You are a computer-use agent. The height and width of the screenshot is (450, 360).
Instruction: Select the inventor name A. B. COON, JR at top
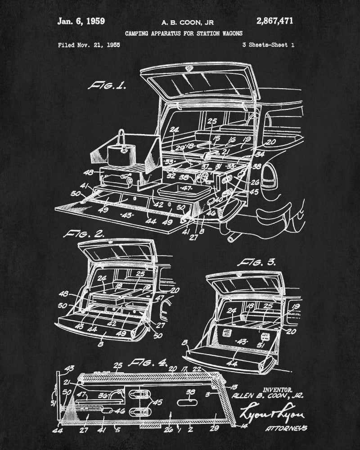(182, 21)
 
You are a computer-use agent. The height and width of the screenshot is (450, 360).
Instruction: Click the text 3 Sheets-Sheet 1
(268, 45)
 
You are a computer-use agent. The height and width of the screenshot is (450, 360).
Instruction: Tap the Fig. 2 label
(85, 234)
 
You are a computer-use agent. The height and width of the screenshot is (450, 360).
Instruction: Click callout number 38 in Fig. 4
(190, 391)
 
